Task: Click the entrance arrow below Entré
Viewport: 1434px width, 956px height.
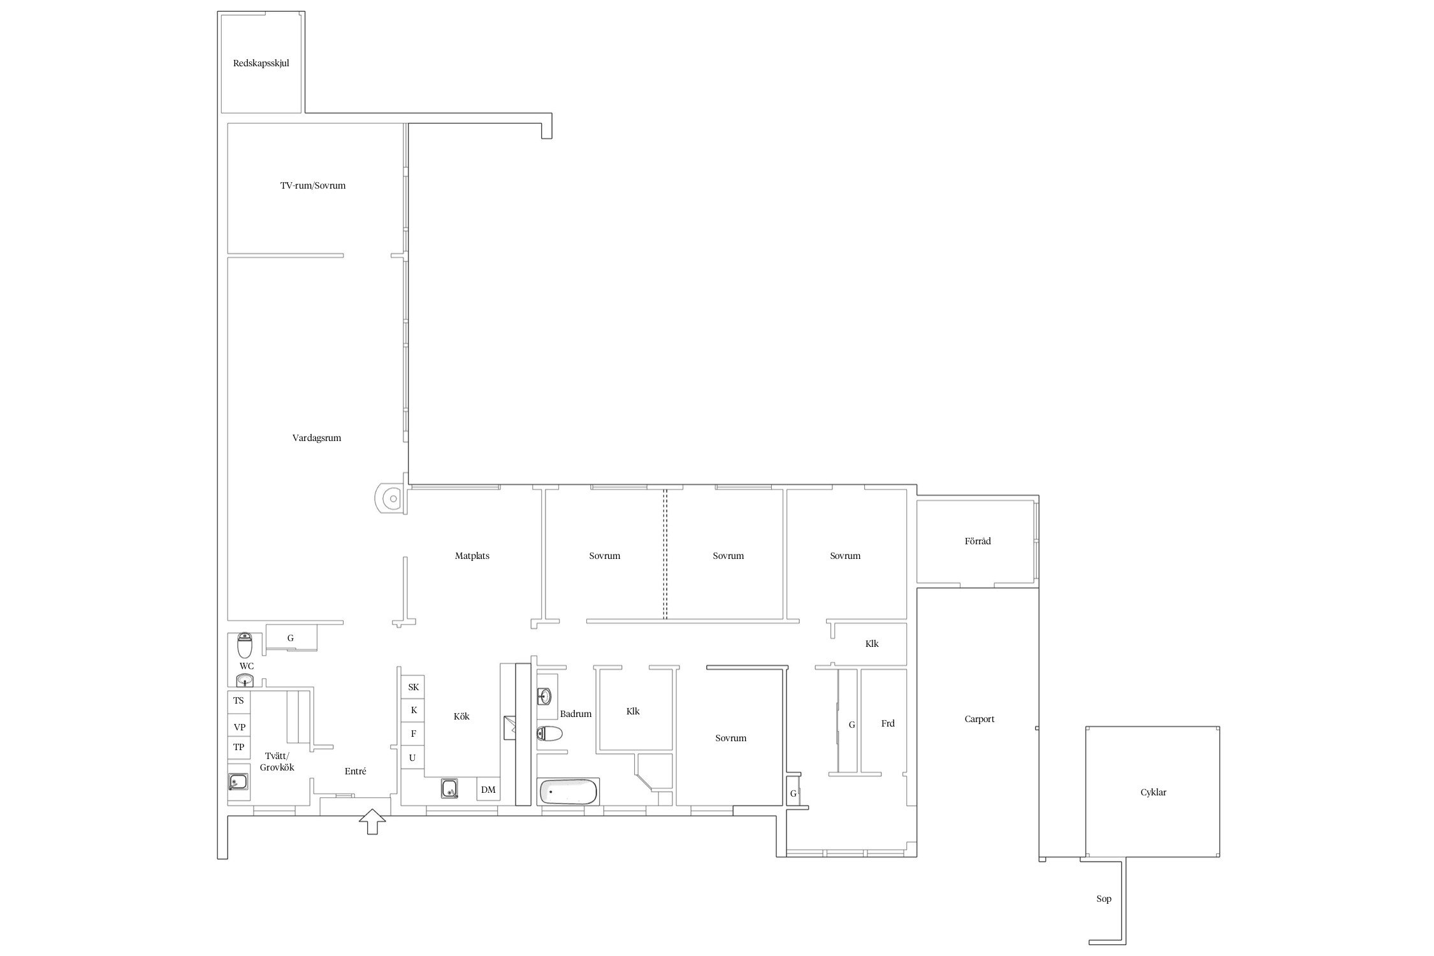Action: click(x=372, y=822)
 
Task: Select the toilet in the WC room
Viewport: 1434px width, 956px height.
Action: click(x=245, y=645)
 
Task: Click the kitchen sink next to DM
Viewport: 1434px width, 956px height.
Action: click(x=450, y=789)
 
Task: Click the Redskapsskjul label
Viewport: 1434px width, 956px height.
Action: click(x=261, y=64)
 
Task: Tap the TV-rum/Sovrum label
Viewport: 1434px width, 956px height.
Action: click(x=313, y=185)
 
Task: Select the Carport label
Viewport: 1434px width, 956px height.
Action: click(x=980, y=719)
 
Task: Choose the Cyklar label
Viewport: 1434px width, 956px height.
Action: click(x=1154, y=792)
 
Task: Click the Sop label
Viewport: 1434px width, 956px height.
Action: click(x=1104, y=899)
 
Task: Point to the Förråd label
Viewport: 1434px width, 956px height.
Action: click(x=978, y=541)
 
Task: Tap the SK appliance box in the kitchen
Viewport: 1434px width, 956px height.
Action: click(x=413, y=687)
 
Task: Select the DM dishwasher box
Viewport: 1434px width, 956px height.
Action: click(x=488, y=790)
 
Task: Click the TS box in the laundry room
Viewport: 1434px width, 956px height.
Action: click(x=239, y=700)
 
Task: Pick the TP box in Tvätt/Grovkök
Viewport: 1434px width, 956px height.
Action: click(x=239, y=747)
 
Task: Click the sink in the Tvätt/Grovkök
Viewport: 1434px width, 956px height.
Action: click(x=238, y=781)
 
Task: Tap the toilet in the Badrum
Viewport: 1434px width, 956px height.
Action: click(x=549, y=734)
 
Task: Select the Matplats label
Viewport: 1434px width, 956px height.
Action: click(x=472, y=556)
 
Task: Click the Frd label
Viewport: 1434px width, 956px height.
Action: click(x=888, y=723)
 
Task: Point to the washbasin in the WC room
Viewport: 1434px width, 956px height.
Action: click(x=245, y=681)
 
